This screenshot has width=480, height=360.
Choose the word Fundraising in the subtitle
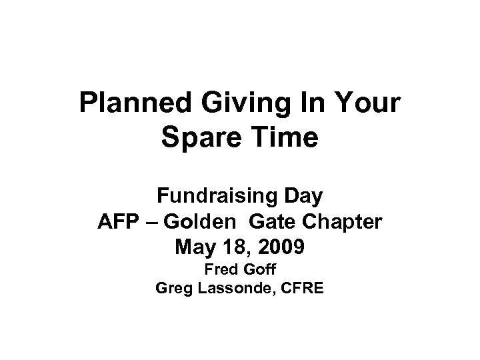pyautogui.click(x=211, y=197)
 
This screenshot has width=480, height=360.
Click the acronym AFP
pyautogui.click(x=117, y=222)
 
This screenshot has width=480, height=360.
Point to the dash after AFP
pyautogui.click(x=154, y=223)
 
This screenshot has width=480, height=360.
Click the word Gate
pyautogui.click(x=277, y=222)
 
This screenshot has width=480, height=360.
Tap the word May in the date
pyautogui.click(x=196, y=248)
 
